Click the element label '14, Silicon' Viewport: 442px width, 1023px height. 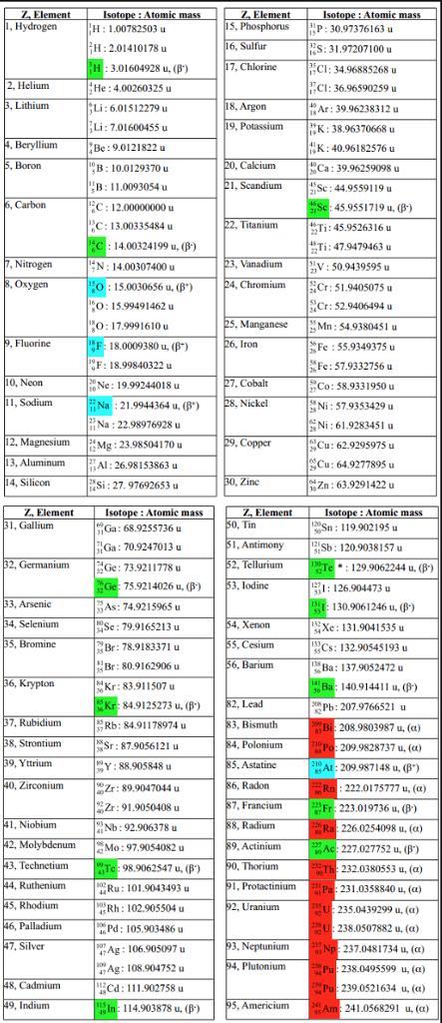pos(27,482)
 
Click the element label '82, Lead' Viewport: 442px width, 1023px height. pos(247,703)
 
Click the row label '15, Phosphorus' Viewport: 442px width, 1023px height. pos(255,27)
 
